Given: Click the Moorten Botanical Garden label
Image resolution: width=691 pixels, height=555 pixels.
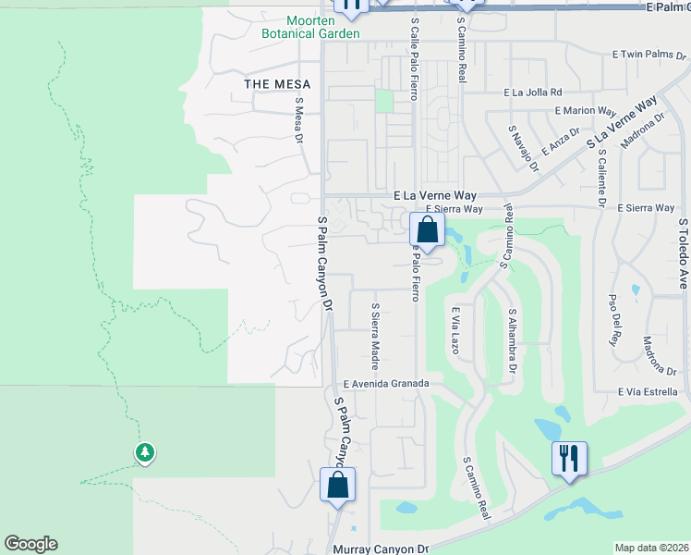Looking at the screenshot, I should click(x=309, y=27).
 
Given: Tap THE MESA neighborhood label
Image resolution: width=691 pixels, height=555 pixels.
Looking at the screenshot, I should click(x=277, y=84).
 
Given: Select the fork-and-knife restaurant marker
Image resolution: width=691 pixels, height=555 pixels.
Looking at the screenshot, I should click(x=568, y=458).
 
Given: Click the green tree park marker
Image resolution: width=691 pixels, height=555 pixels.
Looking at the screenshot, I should click(x=144, y=452).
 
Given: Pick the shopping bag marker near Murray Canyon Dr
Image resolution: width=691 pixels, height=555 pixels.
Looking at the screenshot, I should click(x=337, y=485).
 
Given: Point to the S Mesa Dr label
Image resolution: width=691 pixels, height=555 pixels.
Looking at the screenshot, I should click(x=298, y=120).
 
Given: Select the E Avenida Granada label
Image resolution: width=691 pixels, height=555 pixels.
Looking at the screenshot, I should click(x=386, y=383).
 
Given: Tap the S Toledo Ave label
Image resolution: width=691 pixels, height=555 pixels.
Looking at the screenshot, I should click(x=684, y=253).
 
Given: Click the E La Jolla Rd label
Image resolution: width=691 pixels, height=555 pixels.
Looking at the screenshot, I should click(x=532, y=92).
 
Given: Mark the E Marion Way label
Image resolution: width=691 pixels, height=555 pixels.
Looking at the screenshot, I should click(x=586, y=110).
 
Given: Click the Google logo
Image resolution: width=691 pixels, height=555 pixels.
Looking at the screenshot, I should click(x=30, y=544).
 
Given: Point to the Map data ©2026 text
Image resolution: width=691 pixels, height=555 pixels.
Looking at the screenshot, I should click(x=651, y=548).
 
